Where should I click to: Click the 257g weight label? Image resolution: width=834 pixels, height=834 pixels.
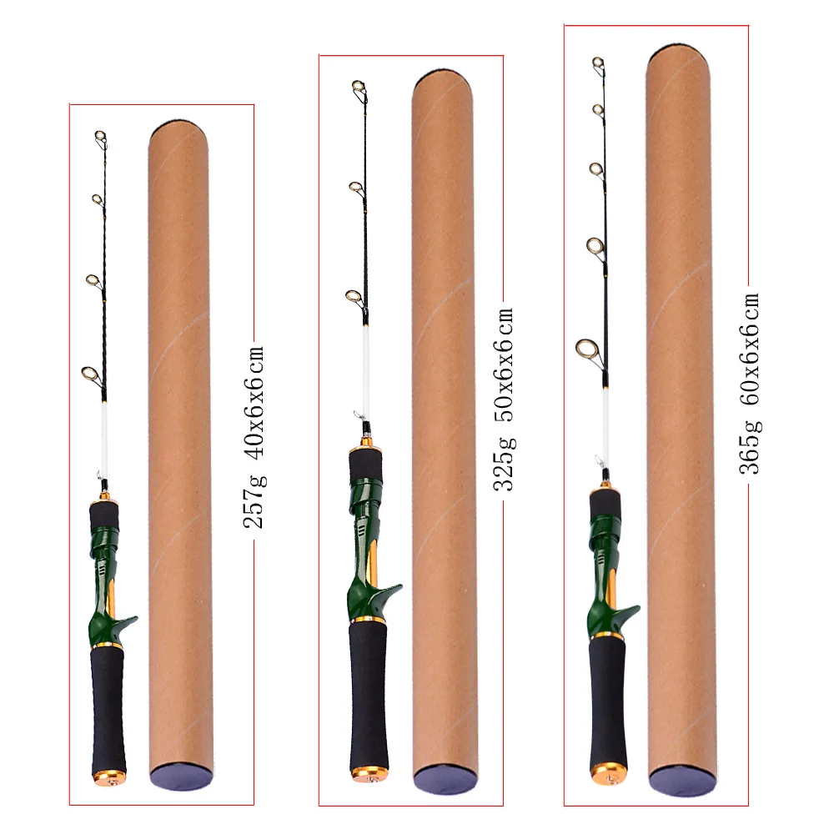pos(254,501)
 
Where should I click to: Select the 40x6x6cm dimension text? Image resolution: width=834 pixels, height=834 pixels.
pos(254,402)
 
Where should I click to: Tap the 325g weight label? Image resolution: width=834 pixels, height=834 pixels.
pos(505,463)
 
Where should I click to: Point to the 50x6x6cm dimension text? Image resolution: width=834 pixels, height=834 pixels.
pos(505,364)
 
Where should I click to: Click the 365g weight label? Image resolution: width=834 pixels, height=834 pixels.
pos(750,447)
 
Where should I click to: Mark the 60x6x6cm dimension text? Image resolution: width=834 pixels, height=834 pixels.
pos(750,349)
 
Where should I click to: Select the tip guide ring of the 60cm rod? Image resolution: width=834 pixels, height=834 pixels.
pos(598,64)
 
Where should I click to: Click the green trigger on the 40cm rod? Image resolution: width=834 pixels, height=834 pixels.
pos(126,625)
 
